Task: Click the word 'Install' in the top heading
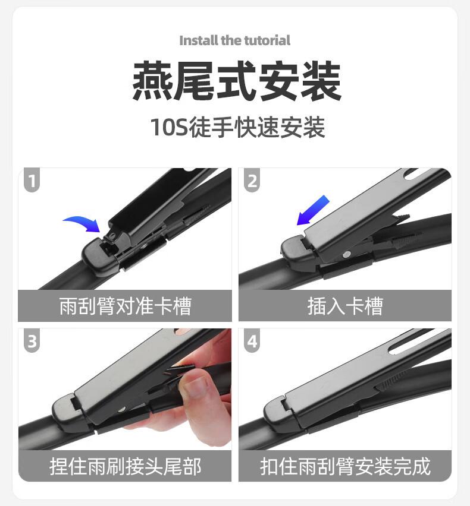(x=199, y=40)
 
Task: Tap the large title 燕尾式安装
(x=236, y=81)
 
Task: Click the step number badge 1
(x=32, y=180)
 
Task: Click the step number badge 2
(x=252, y=180)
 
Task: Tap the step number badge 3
(x=32, y=341)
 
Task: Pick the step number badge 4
(x=252, y=341)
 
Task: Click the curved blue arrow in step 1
(x=82, y=223)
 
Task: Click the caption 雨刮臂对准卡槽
(x=125, y=306)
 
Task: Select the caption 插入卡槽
(x=344, y=306)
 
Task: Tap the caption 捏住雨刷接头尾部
(x=125, y=466)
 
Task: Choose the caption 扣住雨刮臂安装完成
(x=345, y=466)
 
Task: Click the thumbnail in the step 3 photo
(x=196, y=388)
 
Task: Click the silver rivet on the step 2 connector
(x=347, y=255)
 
